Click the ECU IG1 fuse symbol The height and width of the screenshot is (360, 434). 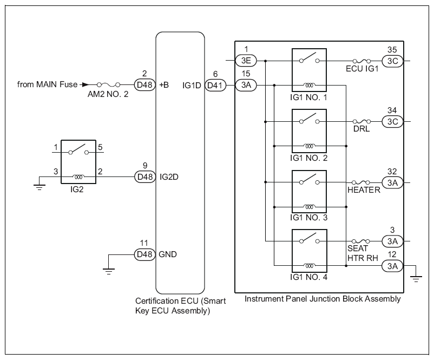pos(361,61)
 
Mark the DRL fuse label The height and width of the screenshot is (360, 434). pos(361,130)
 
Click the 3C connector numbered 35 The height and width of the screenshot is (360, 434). pos(392,61)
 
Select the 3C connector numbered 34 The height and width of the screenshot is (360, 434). pos(392,122)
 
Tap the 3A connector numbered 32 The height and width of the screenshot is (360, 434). pos(392,183)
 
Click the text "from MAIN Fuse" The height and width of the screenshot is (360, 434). pos(47,84)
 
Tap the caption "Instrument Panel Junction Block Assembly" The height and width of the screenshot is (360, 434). pos(323,298)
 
